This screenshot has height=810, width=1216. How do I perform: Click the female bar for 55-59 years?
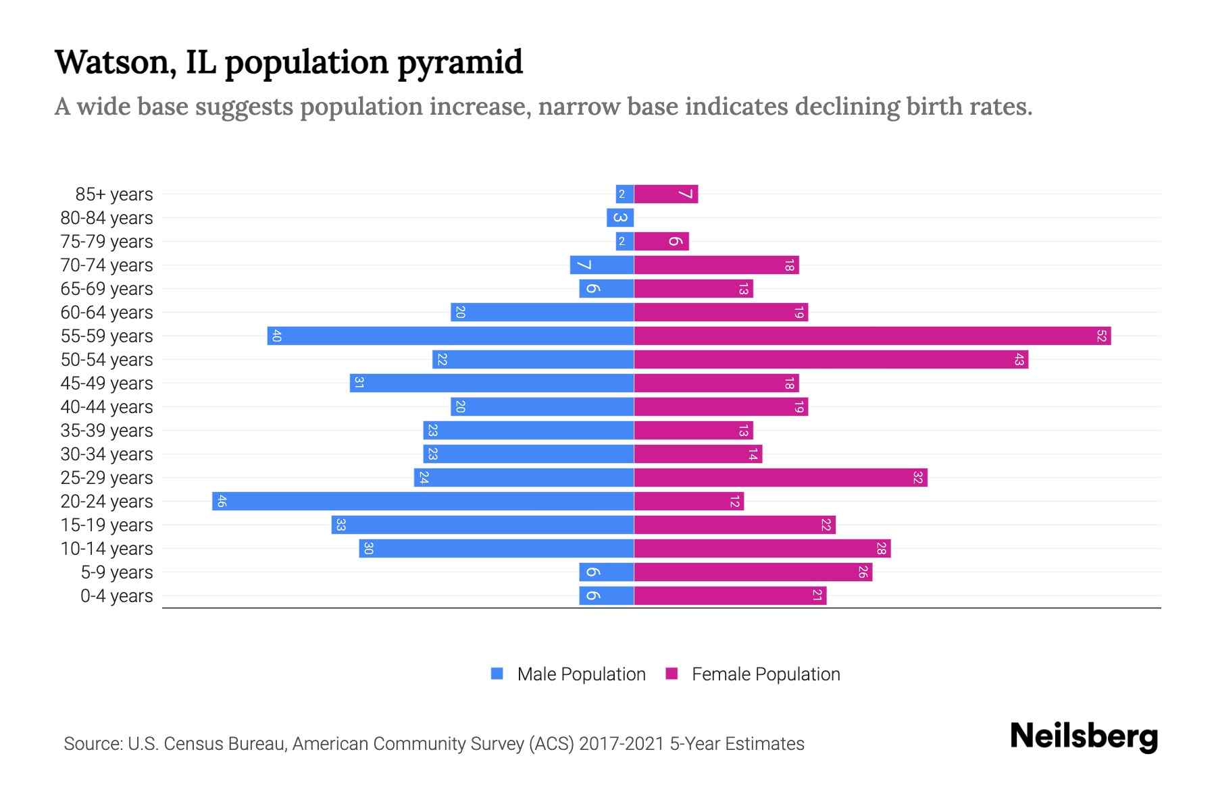871,335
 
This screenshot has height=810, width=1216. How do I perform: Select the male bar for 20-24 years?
423,501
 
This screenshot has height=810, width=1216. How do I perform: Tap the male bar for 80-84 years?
619,217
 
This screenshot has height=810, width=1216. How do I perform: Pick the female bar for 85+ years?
665,194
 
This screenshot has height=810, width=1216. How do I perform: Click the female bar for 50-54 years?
831,359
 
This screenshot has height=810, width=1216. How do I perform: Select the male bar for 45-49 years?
492,383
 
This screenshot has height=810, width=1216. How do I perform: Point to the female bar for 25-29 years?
780,477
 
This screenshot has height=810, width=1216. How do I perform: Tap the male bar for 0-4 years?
606,595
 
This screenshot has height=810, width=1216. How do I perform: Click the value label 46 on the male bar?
222,501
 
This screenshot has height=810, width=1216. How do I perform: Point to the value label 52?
1101,335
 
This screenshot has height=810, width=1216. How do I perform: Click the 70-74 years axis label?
107,265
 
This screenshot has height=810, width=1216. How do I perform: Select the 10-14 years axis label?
107,549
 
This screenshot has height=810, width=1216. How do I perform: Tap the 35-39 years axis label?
107,431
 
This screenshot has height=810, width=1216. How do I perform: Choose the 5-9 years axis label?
117,572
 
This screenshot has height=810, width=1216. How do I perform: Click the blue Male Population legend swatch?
497,674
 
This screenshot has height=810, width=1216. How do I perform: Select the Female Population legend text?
765,674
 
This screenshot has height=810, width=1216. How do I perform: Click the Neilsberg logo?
1084,736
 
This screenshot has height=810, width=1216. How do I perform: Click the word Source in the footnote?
93,744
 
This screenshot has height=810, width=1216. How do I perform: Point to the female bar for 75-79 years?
661,241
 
